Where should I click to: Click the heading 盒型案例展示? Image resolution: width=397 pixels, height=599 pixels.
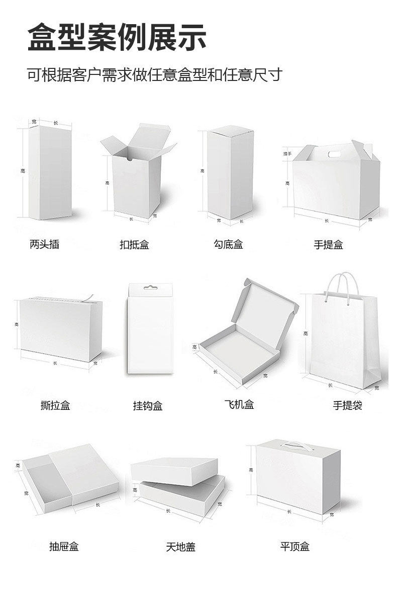[117, 37]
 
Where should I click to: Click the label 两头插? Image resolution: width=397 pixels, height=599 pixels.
[44, 244]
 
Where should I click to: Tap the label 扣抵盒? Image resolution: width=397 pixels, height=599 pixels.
[134, 245]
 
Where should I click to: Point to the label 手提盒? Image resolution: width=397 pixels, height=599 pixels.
[328, 245]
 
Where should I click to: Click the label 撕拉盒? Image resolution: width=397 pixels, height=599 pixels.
[55, 405]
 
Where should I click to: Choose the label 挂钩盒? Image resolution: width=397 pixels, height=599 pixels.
[148, 405]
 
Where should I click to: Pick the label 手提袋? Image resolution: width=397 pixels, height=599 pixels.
[347, 405]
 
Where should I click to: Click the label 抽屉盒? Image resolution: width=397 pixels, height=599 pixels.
[64, 546]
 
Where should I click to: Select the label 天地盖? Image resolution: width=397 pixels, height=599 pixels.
[180, 547]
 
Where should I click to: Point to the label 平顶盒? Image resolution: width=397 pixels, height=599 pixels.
[295, 546]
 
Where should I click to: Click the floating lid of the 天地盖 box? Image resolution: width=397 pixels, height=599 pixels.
[175, 471]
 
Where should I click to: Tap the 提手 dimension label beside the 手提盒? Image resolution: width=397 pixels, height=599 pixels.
[287, 153]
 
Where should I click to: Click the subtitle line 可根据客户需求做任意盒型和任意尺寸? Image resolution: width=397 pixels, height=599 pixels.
[155, 75]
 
